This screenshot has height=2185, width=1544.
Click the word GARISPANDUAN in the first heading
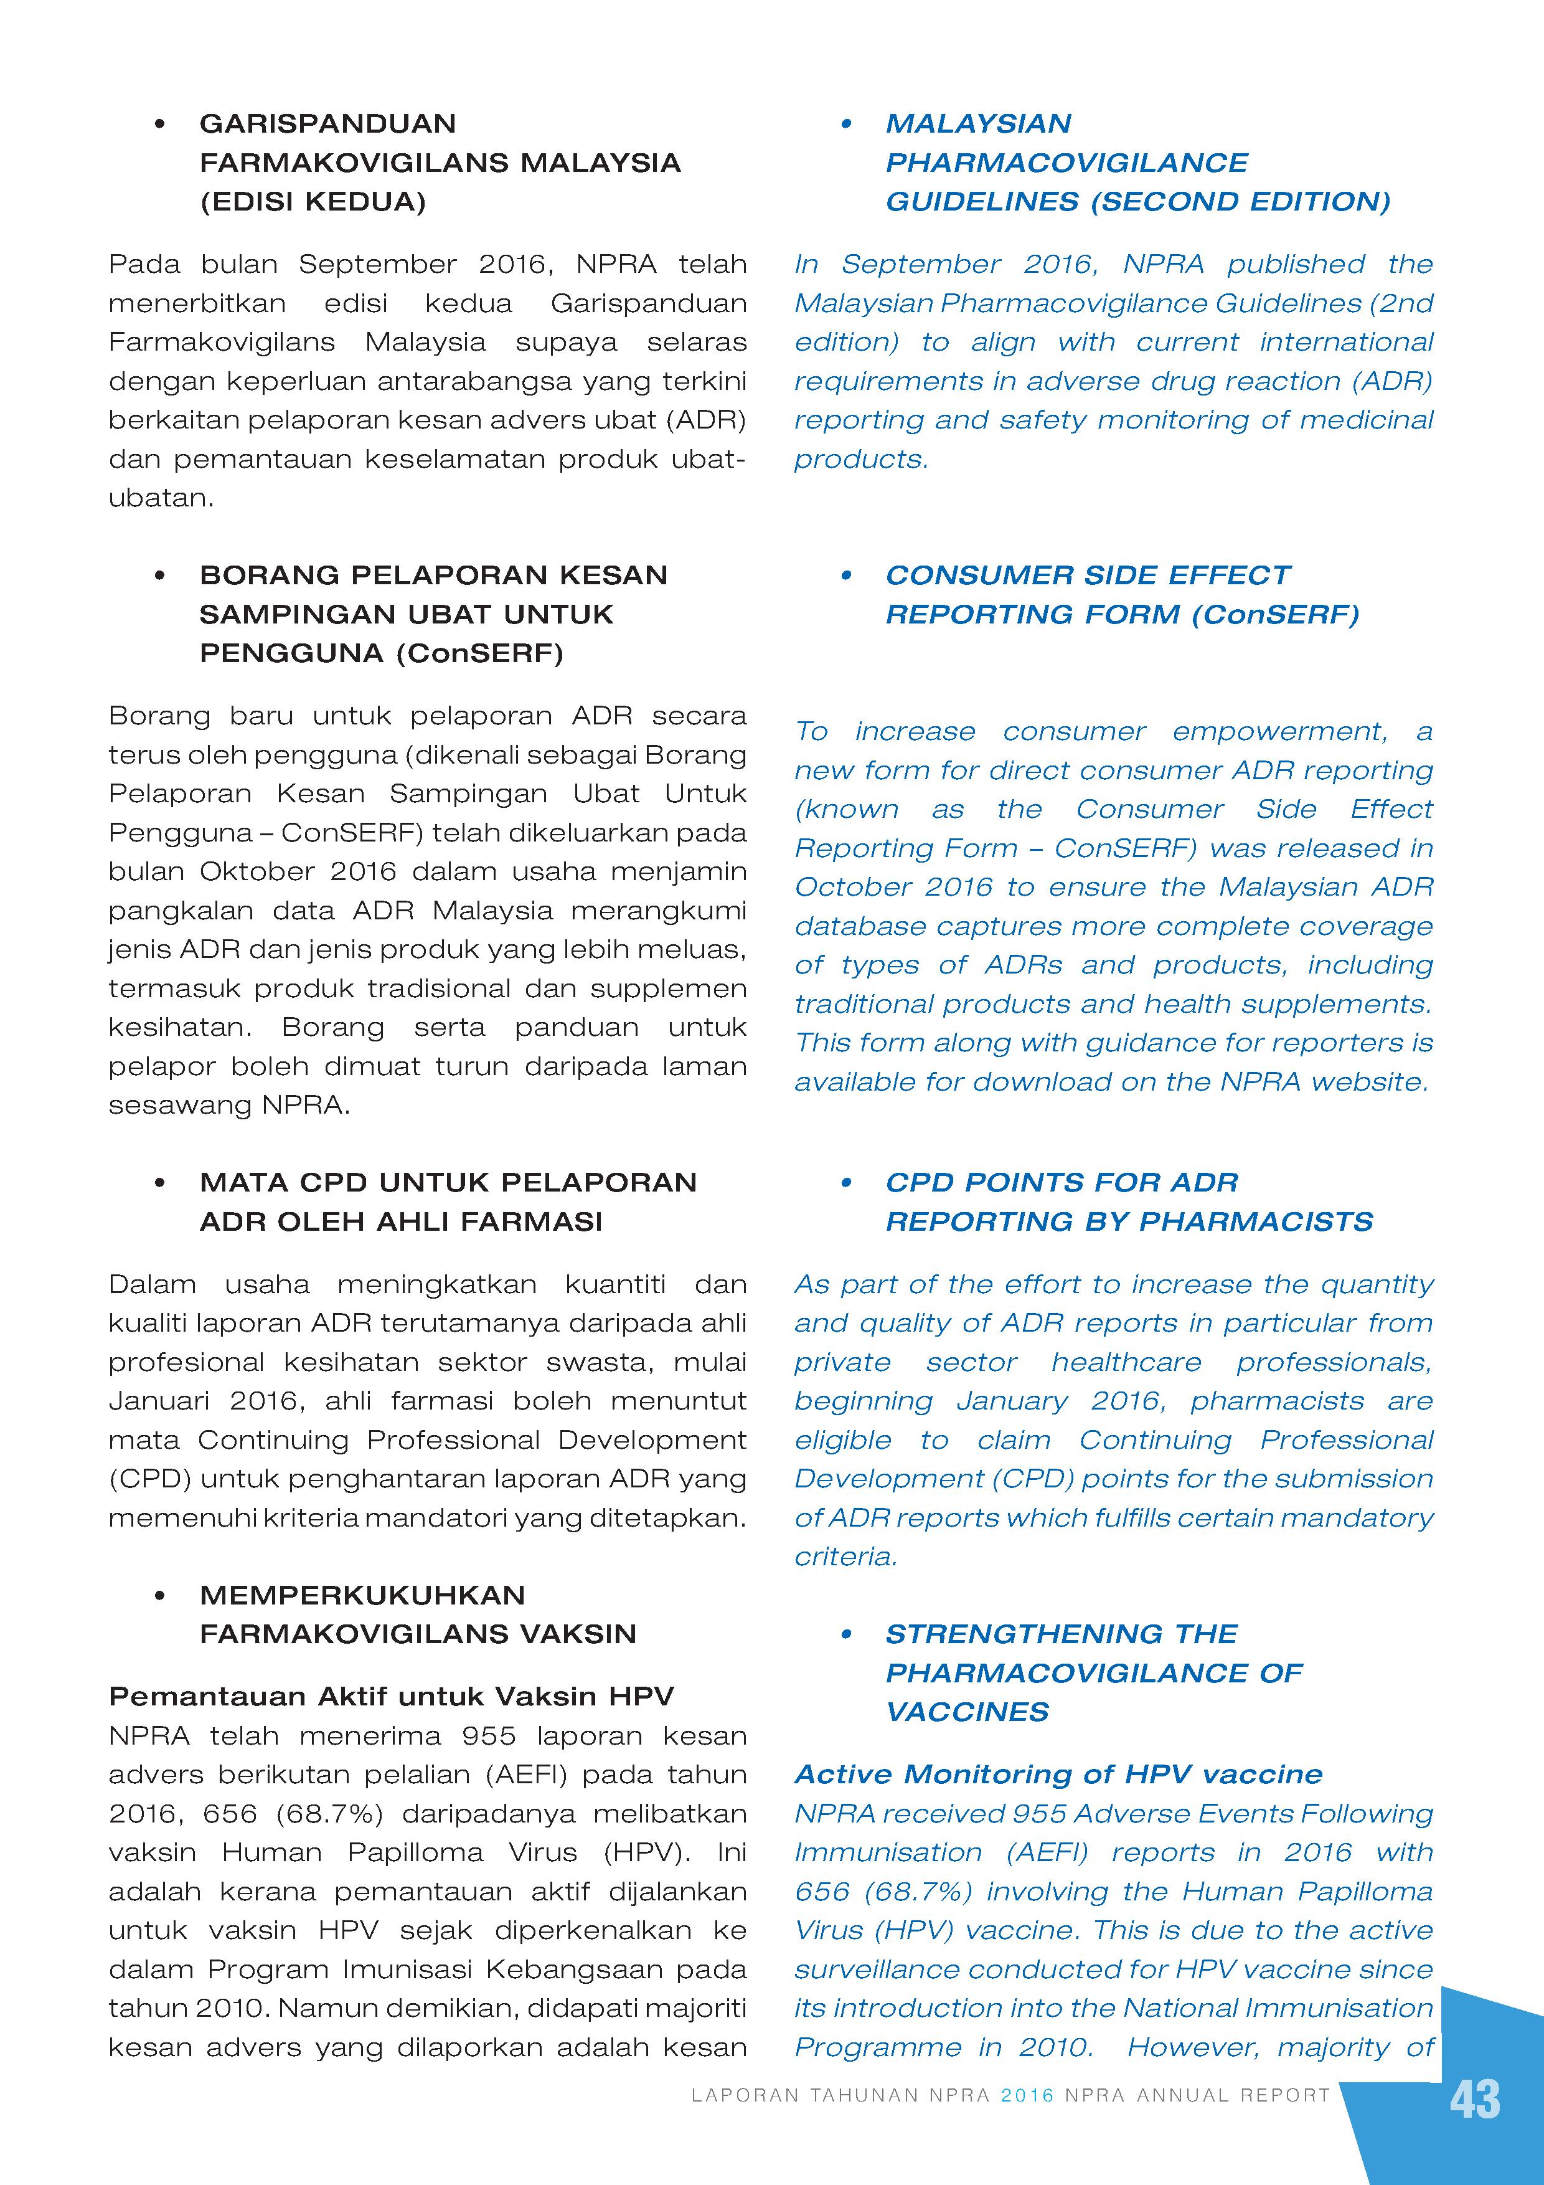pyautogui.click(x=327, y=124)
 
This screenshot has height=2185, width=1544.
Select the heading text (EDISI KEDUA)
pyautogui.click(x=313, y=202)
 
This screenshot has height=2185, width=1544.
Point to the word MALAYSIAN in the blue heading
pyautogui.click(x=978, y=124)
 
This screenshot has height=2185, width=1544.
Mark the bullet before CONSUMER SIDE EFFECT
pyautogui.click(x=845, y=576)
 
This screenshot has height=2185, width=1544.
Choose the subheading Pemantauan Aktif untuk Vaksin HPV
pyautogui.click(x=391, y=1696)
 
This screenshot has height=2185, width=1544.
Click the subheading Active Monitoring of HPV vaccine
pyautogui.click(x=1058, y=1774)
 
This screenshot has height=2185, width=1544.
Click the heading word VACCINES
pyautogui.click(x=966, y=1712)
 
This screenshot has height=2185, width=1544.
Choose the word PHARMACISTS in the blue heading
pyautogui.click(x=1256, y=1222)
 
